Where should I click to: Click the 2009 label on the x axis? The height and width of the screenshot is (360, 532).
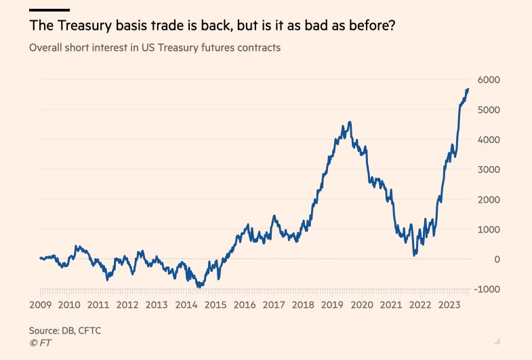click(41, 304)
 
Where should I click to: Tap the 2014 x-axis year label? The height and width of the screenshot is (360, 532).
click(186, 304)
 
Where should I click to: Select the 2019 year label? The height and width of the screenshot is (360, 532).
click(331, 304)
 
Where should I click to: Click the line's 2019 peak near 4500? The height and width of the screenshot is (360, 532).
click(349, 123)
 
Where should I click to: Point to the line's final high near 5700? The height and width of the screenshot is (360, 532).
click(467, 89)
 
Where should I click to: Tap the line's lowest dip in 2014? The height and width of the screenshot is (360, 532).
click(199, 287)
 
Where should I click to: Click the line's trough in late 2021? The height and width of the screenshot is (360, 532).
click(415, 255)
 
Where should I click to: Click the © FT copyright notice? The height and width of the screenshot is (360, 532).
click(40, 343)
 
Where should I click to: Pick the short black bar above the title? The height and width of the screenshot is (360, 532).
click(49, 10)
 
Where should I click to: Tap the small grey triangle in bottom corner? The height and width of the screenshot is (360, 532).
click(496, 341)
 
